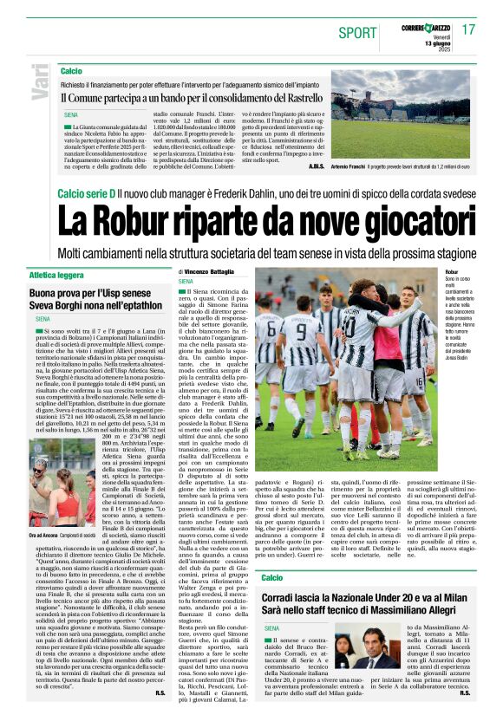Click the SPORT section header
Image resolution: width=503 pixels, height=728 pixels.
(357, 33)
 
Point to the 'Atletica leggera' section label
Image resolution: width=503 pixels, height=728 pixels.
(60, 274)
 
